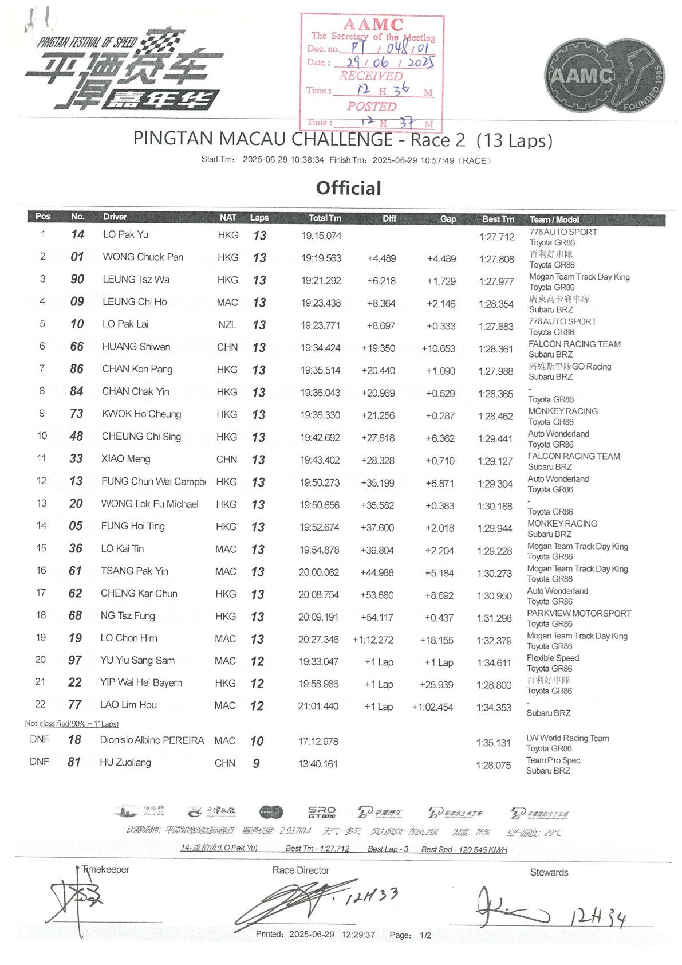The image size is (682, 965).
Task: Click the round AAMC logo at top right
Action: click(x=604, y=75)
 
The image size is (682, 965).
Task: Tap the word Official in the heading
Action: click(x=348, y=188)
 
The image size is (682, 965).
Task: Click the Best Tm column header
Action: click(x=498, y=219)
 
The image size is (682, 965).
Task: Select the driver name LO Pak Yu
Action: click(x=125, y=234)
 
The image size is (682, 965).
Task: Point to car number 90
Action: click(x=77, y=279)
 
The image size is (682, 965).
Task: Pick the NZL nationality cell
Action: click(x=227, y=325)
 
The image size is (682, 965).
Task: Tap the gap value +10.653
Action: click(x=438, y=348)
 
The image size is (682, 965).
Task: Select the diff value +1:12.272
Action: click(x=373, y=640)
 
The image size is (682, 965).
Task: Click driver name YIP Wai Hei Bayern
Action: click(x=141, y=682)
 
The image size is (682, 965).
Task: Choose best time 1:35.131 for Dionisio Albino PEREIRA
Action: click(x=493, y=743)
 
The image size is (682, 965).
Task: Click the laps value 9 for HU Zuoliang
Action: click(x=256, y=763)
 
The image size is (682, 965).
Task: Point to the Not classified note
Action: click(x=72, y=723)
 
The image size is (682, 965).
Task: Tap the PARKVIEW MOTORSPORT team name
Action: click(x=578, y=613)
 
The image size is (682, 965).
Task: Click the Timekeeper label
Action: click(x=105, y=869)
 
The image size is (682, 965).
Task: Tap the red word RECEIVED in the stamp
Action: click(x=371, y=76)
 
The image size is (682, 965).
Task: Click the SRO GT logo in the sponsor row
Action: click(x=321, y=812)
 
